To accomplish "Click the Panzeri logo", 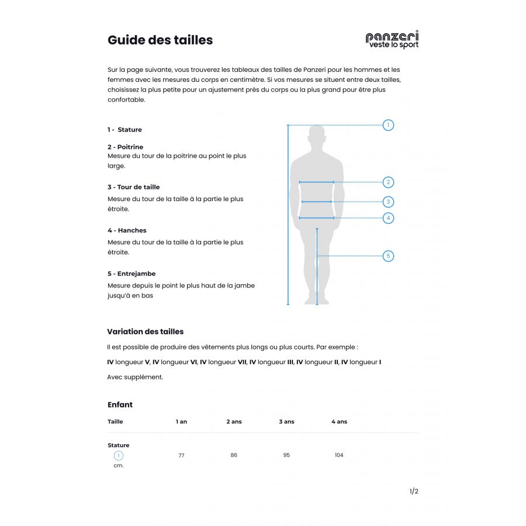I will click(392, 40).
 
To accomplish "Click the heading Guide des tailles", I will click(160, 40).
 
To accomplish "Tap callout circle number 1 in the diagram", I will click(388, 125).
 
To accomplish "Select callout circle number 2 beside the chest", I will click(388, 182).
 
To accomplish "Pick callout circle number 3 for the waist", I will click(388, 202).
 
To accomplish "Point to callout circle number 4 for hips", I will click(388, 218).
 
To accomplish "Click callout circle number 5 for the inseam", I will click(388, 256).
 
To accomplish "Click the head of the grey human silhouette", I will click(317, 137).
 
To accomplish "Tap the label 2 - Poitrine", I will click(125, 147).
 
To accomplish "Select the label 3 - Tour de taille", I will click(133, 187).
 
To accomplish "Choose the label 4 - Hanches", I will click(127, 230).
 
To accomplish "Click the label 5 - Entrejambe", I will click(131, 274).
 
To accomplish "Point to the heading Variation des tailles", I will click(146, 331).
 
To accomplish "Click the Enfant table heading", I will click(120, 404).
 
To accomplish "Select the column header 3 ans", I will click(286, 421).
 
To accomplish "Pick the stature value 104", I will click(339, 455).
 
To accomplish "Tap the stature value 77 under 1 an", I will click(181, 455).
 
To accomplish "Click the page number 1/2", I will click(414, 492).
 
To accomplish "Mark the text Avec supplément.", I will click(135, 377).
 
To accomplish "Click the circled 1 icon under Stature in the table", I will click(119, 455).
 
